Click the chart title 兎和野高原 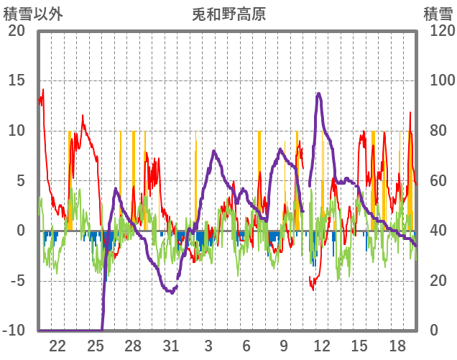[229, 14]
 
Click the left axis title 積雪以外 [32, 14]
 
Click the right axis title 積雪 [437, 14]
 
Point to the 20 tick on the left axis [17, 31]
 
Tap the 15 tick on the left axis [17, 80]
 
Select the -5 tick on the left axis [17, 281]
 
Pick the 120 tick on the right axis [437, 31]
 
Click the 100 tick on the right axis [437, 80]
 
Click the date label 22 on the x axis [57, 345]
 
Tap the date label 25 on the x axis [96, 345]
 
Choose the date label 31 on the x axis [171, 345]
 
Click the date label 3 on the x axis [208, 345]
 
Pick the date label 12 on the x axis [322, 345]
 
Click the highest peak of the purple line [319, 93]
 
